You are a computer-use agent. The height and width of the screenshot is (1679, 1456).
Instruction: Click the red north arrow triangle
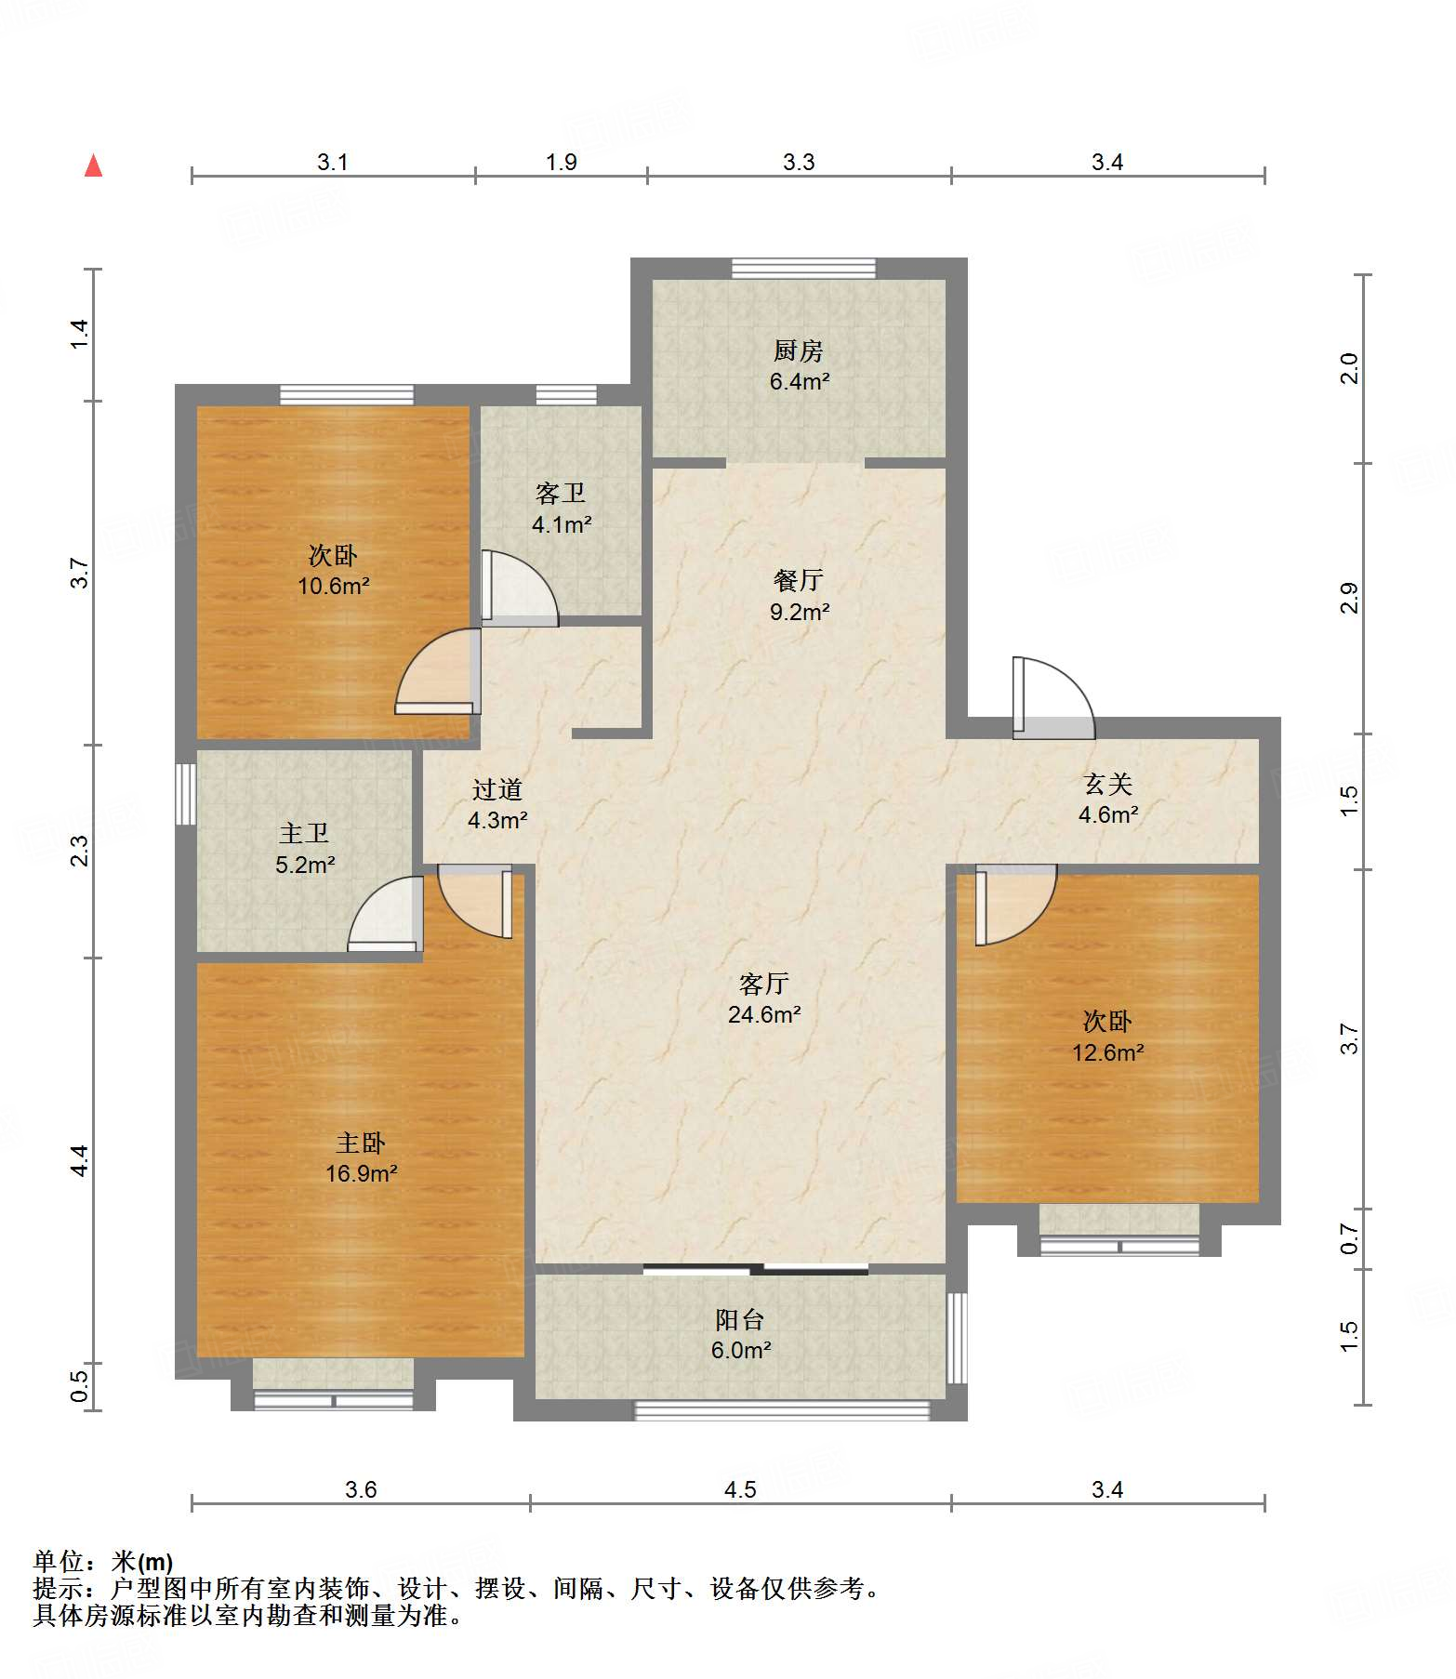pos(93,165)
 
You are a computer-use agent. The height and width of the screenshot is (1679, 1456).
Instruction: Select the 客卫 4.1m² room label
pos(562,509)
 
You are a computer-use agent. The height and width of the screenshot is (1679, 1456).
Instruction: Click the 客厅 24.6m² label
pos(764,998)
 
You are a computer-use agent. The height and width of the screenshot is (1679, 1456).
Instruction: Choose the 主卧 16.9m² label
pos(361,1157)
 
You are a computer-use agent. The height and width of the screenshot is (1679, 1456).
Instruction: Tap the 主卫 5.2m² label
pos(305,849)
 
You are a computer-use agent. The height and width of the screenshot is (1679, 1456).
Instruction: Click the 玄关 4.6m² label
pos(1108,800)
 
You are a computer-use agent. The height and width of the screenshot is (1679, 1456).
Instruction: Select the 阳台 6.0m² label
pos(741,1335)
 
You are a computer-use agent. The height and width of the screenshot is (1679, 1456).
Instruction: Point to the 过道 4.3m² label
pos(497,804)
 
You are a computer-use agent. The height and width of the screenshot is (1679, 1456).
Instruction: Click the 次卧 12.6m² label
pos(1107,1037)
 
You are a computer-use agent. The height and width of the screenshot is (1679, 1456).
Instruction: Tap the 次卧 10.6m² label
pos(333,570)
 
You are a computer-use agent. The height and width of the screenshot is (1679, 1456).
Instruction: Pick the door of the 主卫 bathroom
pos(385,914)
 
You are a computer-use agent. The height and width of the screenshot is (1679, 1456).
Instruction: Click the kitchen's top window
pos(803,268)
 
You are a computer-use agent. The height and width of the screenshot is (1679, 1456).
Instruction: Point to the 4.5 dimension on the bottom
pos(740,1489)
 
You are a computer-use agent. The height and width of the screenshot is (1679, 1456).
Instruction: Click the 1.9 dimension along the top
pos(562,162)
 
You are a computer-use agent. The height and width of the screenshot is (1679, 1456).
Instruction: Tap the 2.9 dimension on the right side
pos(1350,598)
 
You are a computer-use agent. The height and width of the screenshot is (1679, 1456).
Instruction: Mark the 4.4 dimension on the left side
pos(80,1160)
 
